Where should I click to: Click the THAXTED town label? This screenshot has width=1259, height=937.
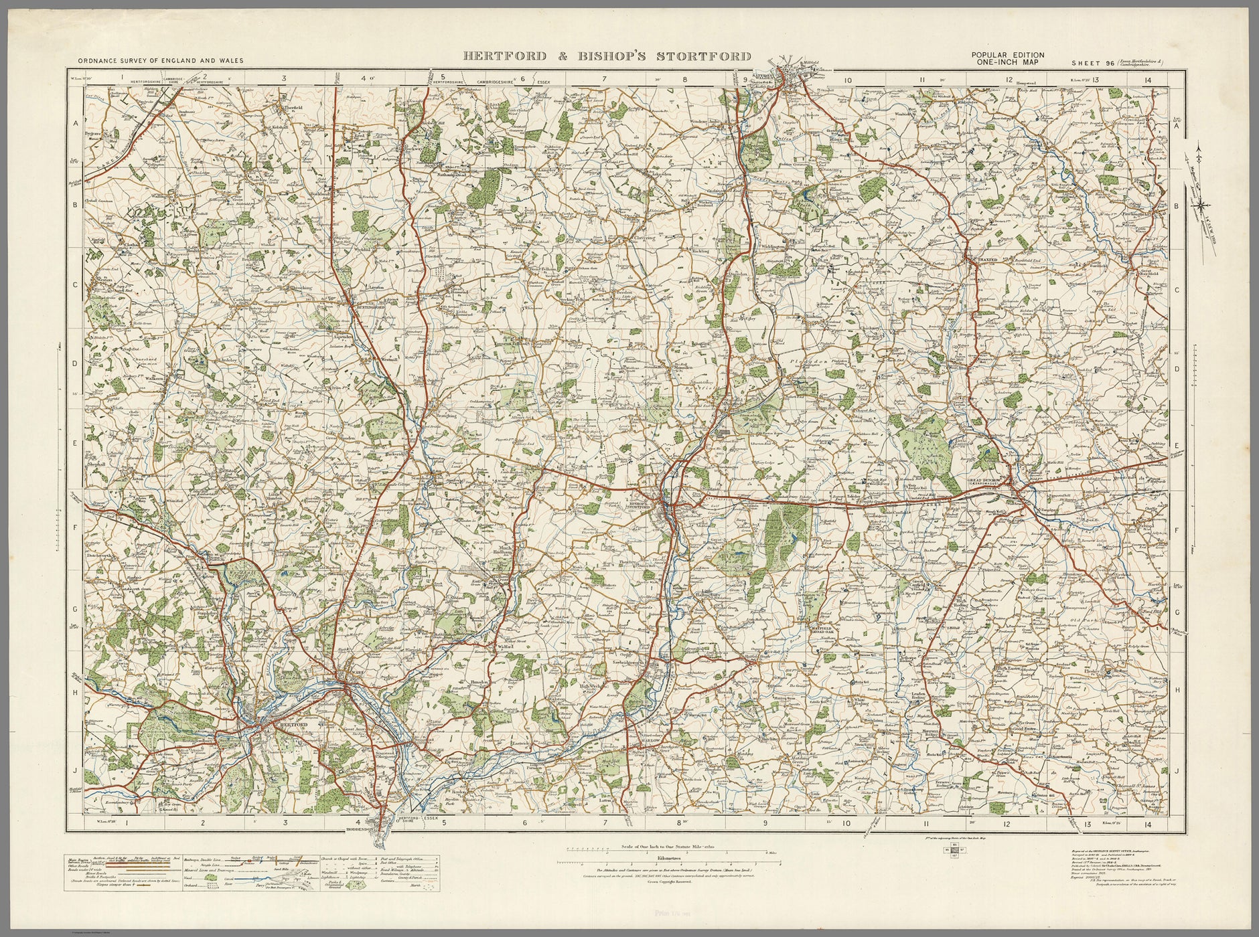click(978, 258)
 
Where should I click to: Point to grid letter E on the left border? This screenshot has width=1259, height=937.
click(76, 443)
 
